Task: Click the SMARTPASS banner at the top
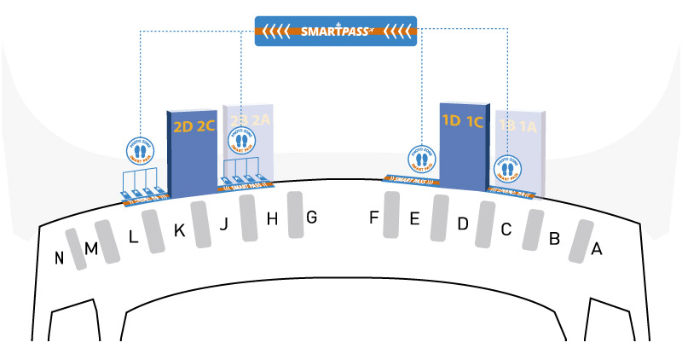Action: click(x=336, y=32)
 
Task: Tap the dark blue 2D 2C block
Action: click(x=194, y=154)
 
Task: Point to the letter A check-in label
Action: click(x=597, y=249)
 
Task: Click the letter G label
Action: click(x=311, y=218)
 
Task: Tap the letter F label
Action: click(x=373, y=218)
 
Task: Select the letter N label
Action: click(x=60, y=258)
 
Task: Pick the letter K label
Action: click(x=179, y=230)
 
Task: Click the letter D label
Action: click(x=463, y=224)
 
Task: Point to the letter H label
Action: click(x=273, y=219)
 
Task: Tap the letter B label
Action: click(x=554, y=239)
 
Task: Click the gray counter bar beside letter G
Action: click(x=295, y=213)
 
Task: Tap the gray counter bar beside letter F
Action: click(x=392, y=214)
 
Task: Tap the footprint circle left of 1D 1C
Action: click(x=421, y=159)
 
